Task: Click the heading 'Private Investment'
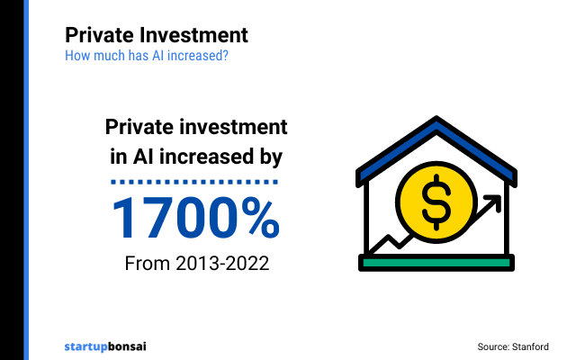156,35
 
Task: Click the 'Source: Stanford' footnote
512,346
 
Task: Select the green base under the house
436,262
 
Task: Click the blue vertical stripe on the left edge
26,180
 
